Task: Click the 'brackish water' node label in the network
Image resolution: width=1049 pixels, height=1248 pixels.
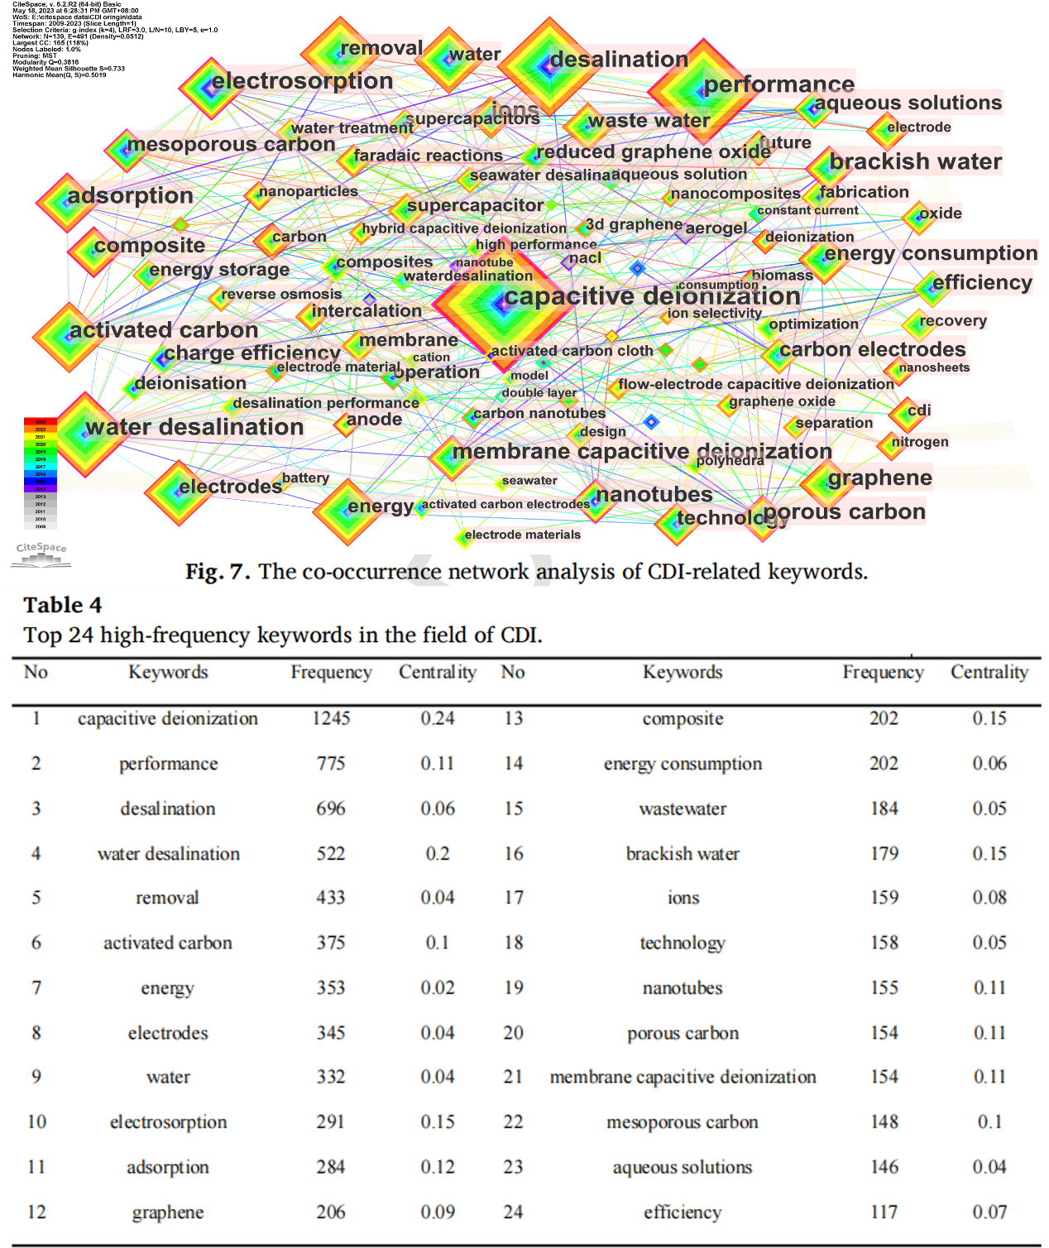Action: [915, 161]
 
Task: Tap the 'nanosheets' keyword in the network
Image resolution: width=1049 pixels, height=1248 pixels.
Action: [934, 367]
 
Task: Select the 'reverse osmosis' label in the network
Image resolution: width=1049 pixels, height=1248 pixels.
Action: [281, 294]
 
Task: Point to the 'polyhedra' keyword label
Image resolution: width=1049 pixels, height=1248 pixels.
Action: [730, 460]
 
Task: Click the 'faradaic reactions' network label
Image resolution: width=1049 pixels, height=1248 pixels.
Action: [428, 156]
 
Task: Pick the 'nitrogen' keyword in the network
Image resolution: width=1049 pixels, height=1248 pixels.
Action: [920, 442]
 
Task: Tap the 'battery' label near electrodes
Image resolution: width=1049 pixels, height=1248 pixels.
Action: [305, 478]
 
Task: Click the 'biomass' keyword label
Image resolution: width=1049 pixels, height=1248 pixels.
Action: [782, 275]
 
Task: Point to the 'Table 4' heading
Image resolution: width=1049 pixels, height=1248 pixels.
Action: [63, 606]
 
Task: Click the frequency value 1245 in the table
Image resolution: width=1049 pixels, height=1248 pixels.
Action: [331, 718]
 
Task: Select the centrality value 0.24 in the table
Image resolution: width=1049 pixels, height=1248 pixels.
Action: [438, 718]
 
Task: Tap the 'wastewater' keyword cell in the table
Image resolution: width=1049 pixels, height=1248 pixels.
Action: [683, 809]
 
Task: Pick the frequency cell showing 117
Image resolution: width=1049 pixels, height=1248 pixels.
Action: [884, 1212]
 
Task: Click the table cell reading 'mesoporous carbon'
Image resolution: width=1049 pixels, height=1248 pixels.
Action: [683, 1122]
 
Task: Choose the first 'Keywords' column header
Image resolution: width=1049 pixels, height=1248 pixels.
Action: [168, 672]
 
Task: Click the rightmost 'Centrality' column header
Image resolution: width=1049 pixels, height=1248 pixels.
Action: [989, 672]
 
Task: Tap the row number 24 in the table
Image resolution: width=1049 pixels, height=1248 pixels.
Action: [513, 1212]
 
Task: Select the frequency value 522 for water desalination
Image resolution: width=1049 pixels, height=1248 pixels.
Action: [331, 853]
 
